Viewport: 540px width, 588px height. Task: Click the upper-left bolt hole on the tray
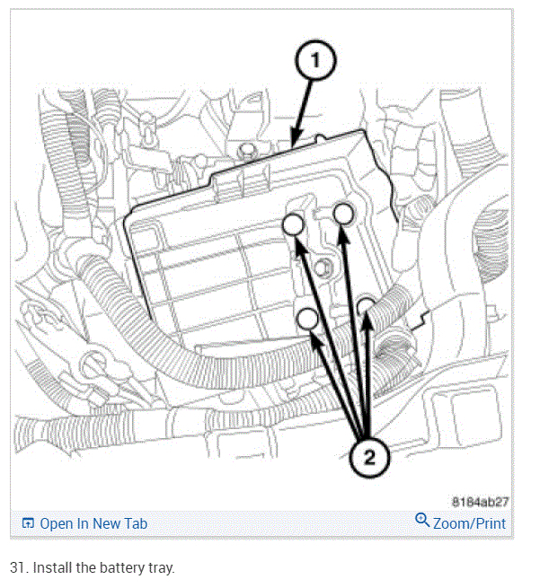[x=293, y=225]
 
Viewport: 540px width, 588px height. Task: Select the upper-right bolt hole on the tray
[x=343, y=213]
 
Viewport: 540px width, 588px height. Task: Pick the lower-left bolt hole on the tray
[x=307, y=318]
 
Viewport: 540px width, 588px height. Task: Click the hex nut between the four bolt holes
[x=323, y=266]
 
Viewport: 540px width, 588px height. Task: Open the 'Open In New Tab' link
[x=93, y=523]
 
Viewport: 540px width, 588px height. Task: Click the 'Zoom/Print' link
[x=469, y=523]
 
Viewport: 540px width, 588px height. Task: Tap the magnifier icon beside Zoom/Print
[x=422, y=522]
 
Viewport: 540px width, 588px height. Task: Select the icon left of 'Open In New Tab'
[x=27, y=523]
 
